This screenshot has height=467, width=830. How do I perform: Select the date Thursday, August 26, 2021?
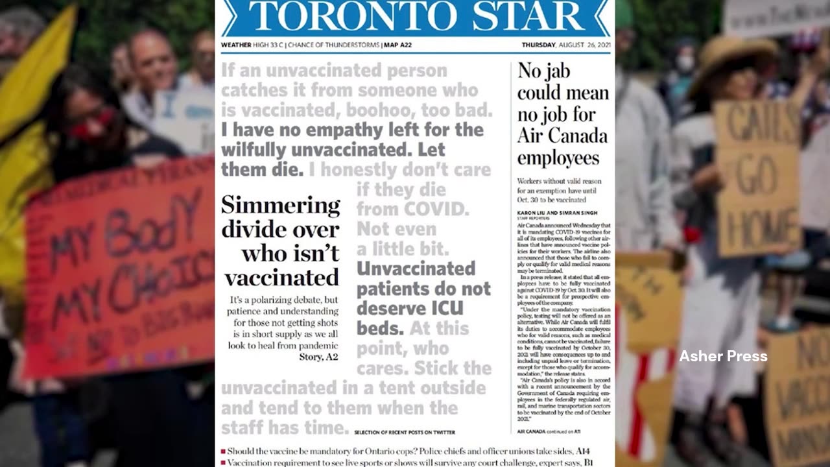coord(565,45)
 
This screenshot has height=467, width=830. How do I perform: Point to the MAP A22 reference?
coord(397,45)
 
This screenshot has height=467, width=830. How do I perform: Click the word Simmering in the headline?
coord(280,206)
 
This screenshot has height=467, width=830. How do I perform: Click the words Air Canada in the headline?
coord(562,136)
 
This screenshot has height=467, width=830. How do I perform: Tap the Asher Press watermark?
coord(723,356)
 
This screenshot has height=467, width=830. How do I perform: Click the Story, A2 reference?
coord(318,357)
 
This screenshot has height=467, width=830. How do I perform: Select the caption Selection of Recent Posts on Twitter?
coord(405,432)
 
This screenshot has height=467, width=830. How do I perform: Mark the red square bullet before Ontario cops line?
coord(223,451)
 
